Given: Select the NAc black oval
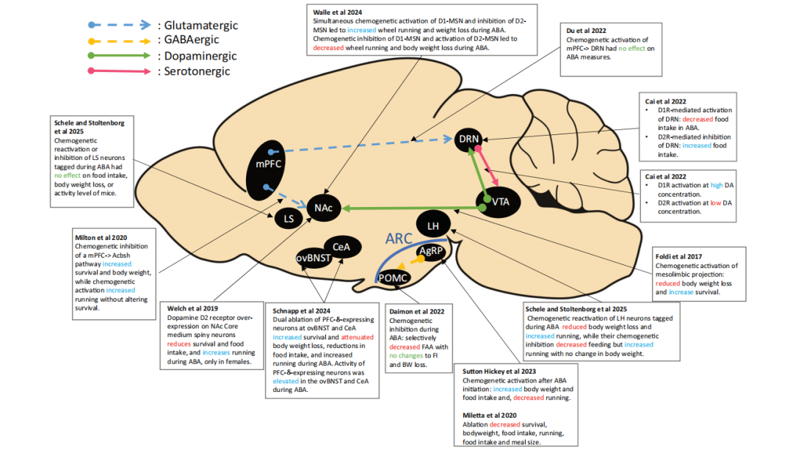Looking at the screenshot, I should tap(324, 209).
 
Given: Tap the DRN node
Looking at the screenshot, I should tap(468, 139).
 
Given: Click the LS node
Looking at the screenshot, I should tap(288, 218).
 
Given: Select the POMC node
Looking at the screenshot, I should tap(392, 278).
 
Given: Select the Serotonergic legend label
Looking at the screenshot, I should tap(192, 71).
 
